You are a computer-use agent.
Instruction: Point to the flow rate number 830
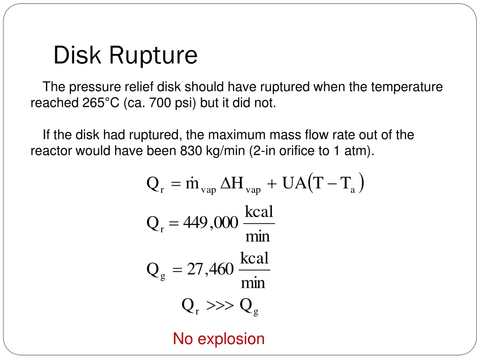(x=190, y=151)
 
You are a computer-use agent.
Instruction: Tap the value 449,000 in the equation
(x=210, y=223)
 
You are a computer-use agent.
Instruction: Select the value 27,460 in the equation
(x=210, y=270)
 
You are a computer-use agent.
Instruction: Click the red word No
(x=183, y=339)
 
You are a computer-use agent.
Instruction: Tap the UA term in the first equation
(x=293, y=184)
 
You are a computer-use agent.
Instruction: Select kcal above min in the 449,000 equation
(x=259, y=211)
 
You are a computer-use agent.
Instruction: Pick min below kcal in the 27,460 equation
(x=253, y=283)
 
